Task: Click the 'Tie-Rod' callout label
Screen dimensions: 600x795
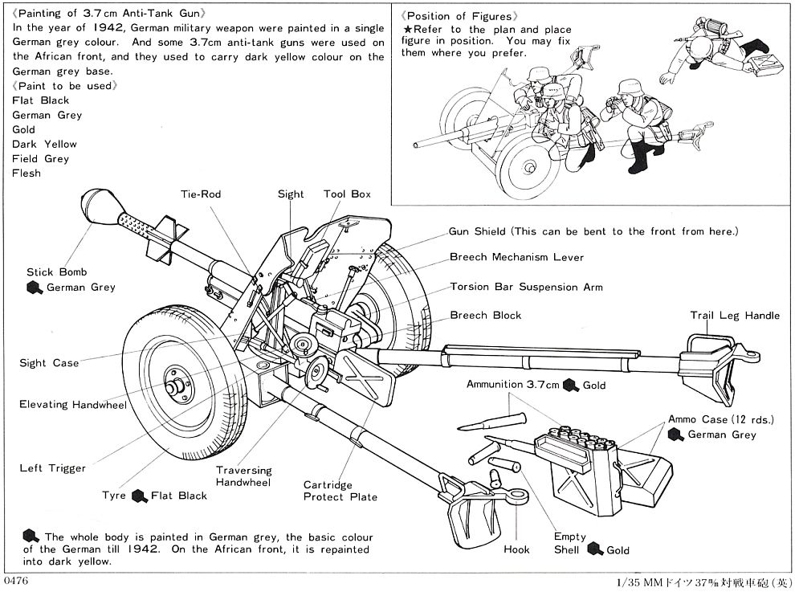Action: [x=200, y=194]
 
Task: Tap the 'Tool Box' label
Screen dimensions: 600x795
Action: [x=347, y=194]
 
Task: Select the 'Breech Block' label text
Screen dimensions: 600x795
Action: [x=485, y=315]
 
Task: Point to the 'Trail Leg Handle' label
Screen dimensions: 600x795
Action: [x=734, y=315]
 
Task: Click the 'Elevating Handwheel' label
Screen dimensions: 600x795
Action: [x=73, y=404]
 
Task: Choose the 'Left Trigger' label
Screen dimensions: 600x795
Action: [x=52, y=467]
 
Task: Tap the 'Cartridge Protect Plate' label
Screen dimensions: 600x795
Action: [x=340, y=491]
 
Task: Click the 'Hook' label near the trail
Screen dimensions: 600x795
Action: [x=516, y=549]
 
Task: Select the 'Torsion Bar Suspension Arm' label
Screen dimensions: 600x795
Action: [x=526, y=286]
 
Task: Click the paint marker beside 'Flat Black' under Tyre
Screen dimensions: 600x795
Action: [x=140, y=496]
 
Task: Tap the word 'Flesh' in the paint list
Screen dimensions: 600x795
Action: [x=26, y=173]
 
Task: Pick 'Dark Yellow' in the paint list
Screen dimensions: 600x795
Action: [x=44, y=144]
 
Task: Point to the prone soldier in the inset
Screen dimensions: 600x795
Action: [x=707, y=60]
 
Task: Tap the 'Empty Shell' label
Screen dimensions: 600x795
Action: [x=569, y=543]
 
